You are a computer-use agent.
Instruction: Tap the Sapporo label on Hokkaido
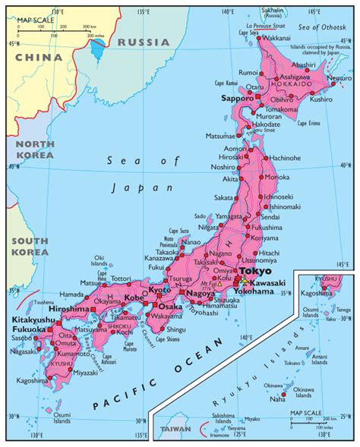(236, 99)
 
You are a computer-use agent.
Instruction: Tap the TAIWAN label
(175, 430)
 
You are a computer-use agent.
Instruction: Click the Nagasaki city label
(24, 351)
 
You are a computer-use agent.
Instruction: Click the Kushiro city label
(321, 99)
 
